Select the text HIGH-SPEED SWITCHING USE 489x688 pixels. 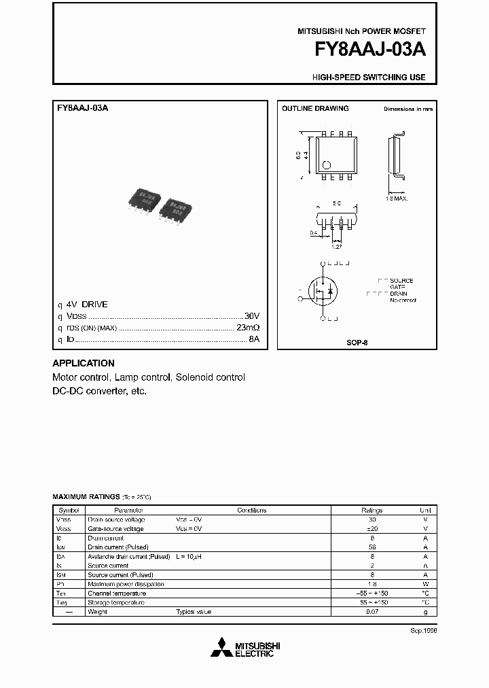[369, 78]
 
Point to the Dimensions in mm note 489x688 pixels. [407, 109]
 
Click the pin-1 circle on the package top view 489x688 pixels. [326, 164]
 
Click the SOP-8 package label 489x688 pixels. [357, 343]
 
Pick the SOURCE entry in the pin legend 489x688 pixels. [401, 281]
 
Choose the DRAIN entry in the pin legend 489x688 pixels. [399, 294]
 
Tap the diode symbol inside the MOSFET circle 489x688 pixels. [330, 292]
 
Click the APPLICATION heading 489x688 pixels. [84, 363]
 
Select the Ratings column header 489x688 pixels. [372, 510]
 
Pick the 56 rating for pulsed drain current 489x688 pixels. [372, 547]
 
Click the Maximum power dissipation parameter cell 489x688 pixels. [126, 584]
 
